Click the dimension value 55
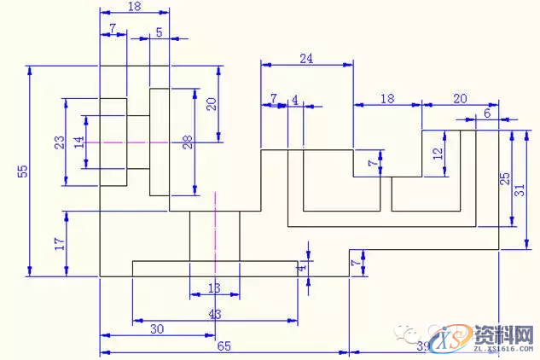click(x=23, y=171)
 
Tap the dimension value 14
click(x=79, y=142)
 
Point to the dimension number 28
click(x=188, y=142)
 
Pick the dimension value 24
click(x=306, y=58)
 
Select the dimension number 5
click(x=159, y=32)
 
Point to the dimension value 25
click(x=504, y=179)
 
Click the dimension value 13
click(x=214, y=288)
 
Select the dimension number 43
click(x=214, y=314)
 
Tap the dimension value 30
click(x=157, y=328)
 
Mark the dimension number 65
click(x=224, y=345)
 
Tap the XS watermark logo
click(x=450, y=340)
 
